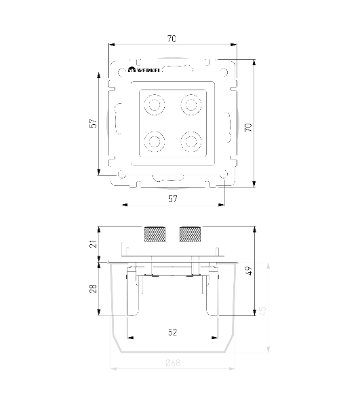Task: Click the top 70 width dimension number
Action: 172,39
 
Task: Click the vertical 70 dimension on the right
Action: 248,128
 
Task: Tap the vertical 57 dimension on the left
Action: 93,123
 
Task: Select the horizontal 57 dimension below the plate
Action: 173,199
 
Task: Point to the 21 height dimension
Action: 93,244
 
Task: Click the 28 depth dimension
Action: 93,289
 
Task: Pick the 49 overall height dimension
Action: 248,271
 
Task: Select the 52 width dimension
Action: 172,332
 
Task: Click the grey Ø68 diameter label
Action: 173,363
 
